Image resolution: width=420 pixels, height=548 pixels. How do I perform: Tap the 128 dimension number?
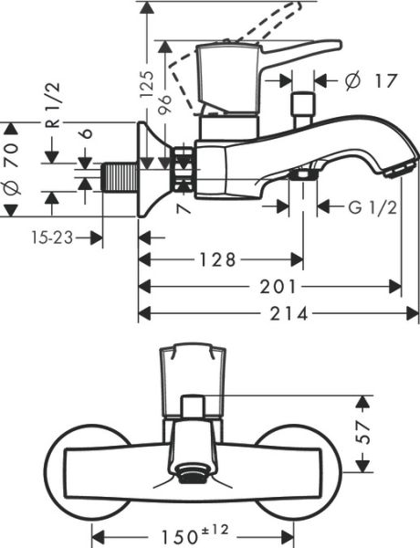[219, 260]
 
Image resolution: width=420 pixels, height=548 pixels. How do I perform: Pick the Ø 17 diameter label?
[372, 80]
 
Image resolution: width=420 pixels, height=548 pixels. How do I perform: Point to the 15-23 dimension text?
[50, 237]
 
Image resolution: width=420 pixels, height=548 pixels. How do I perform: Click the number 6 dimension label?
[86, 132]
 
